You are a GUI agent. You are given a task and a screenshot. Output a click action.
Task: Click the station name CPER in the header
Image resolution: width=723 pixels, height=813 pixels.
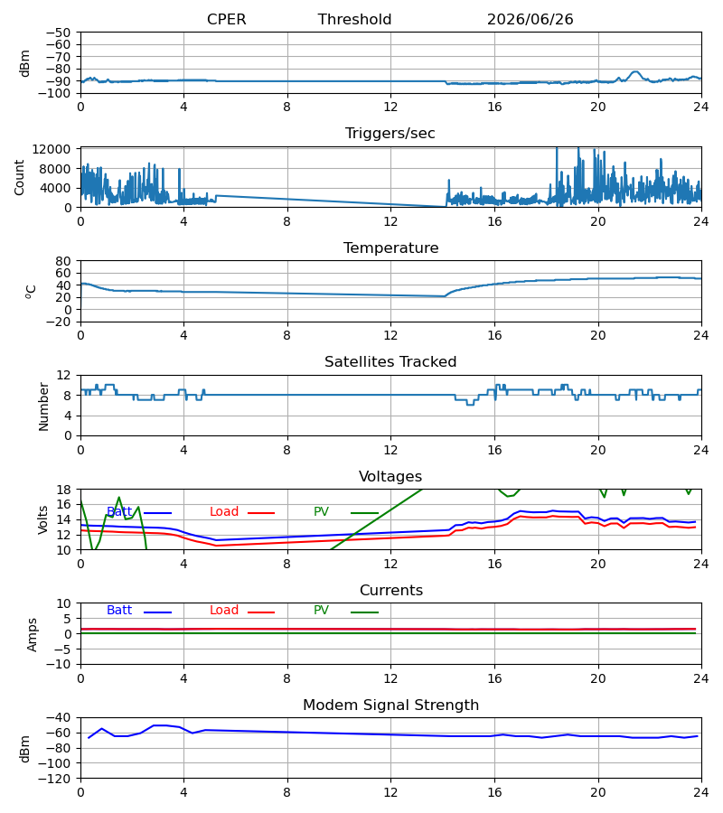226,19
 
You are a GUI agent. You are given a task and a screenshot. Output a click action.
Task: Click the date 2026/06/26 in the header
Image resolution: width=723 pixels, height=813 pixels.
530,19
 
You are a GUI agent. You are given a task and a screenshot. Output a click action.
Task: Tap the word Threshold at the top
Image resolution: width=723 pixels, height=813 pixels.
354,19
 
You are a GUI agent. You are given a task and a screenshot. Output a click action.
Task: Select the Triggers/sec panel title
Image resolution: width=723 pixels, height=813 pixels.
390,134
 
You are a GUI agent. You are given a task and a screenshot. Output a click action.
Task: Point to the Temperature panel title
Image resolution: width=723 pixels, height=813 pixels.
390,248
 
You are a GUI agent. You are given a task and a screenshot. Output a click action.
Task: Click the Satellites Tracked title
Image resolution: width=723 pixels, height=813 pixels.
390,362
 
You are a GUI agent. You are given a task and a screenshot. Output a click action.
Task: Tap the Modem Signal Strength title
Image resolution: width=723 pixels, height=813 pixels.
390,706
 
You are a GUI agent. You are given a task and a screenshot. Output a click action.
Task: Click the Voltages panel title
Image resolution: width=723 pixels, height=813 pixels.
390,476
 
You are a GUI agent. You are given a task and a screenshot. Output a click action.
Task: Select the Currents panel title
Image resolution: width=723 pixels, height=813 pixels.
391,591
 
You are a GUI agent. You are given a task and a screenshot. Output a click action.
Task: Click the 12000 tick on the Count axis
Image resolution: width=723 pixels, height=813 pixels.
52,149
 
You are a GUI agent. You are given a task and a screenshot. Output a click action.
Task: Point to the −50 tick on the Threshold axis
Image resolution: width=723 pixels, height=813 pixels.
59,33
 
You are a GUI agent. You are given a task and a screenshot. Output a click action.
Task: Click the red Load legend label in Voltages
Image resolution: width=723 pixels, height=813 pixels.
224,512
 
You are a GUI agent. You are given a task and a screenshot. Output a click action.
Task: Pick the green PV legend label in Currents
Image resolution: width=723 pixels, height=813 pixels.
321,611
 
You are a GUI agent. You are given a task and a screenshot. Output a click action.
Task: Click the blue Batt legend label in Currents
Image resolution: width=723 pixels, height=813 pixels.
119,611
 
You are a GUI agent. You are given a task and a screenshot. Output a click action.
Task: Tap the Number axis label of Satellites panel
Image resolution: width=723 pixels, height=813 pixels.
43,407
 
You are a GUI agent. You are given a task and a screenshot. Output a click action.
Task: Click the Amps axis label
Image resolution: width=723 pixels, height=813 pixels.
33,635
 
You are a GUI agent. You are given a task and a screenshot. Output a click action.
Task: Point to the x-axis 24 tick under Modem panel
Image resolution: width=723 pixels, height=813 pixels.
700,793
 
